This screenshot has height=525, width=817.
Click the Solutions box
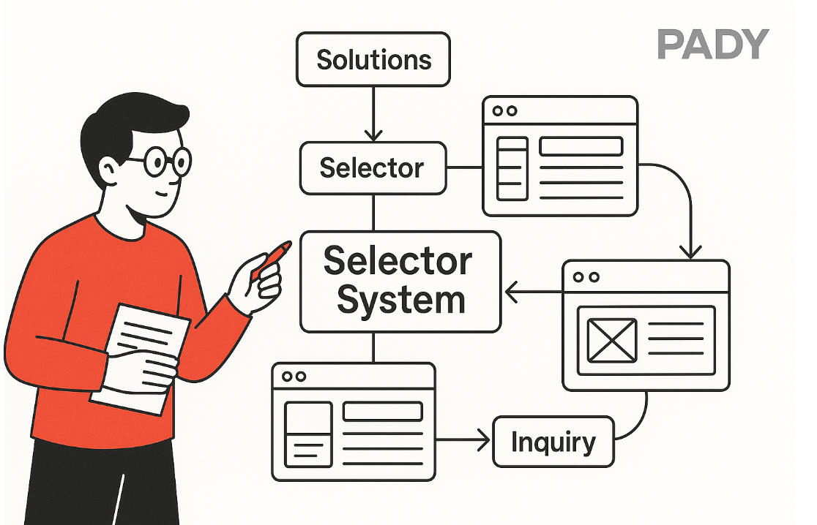coord(373,58)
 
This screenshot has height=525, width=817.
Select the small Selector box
coord(373,168)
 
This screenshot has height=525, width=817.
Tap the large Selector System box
coord(400,281)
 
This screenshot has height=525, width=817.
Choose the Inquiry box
coord(553,442)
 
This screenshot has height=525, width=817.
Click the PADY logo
coord(712,45)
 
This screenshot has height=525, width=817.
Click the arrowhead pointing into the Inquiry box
coord(483,441)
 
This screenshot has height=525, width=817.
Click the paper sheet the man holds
coord(139,358)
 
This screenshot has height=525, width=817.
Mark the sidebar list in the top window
coord(512,167)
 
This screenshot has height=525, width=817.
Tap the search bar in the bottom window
coord(382,412)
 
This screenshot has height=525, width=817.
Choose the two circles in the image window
coord(586,277)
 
